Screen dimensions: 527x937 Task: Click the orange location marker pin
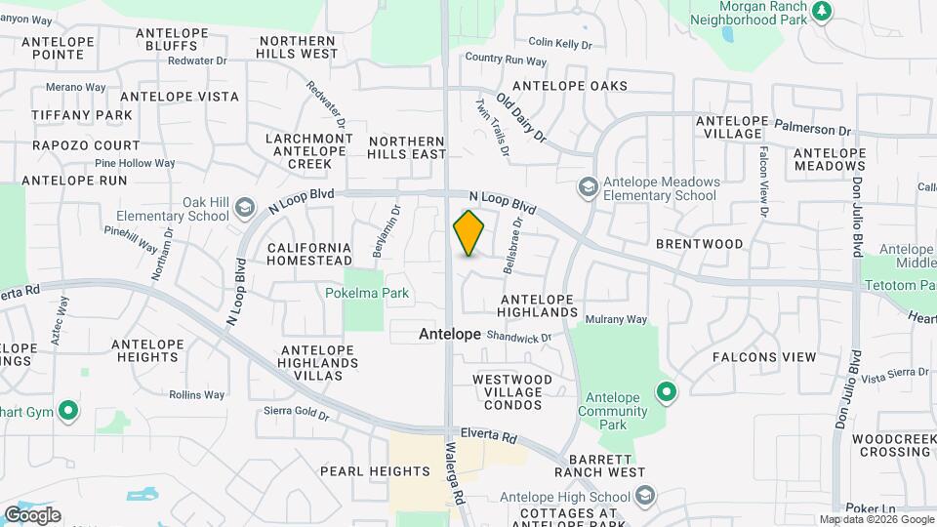468,233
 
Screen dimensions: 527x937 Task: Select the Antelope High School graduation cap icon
644,497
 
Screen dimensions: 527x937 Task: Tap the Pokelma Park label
367,293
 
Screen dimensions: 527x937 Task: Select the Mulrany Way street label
616,319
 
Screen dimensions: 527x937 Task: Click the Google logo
32,515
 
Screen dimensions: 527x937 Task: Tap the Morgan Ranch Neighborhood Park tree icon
823,11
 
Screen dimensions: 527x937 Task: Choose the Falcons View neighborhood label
764,357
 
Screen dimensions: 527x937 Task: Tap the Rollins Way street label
196,395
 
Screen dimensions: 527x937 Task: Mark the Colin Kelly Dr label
560,44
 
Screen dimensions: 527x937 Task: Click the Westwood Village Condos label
508,391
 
